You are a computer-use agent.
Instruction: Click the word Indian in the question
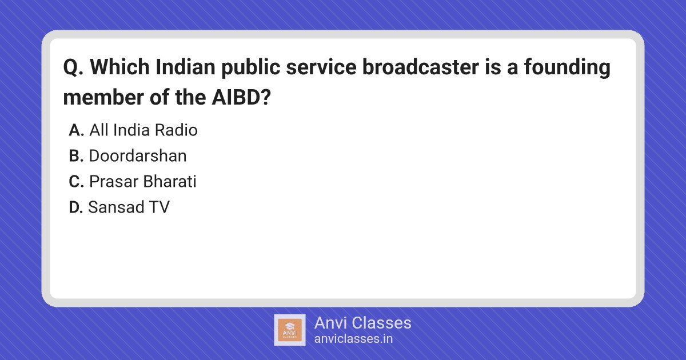[185, 67]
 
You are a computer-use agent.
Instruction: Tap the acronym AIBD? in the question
[241, 97]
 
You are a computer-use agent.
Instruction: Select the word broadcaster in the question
[421, 67]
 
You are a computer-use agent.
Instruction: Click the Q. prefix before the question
[73, 67]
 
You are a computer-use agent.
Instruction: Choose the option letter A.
[76, 130]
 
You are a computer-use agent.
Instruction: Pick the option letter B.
[76, 156]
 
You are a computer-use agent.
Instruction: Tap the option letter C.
[76, 182]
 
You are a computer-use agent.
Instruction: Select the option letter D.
[76, 207]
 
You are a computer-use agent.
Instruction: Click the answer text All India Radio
[143, 130]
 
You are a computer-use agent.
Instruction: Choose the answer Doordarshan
[138, 156]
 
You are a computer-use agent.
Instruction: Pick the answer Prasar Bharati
[143, 182]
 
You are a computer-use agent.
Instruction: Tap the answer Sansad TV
[129, 207]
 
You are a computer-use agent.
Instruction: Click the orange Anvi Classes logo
[289, 330]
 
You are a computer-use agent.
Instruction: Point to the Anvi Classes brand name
[362, 323]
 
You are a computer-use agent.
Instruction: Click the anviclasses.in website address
[353, 339]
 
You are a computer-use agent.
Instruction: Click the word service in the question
[321, 67]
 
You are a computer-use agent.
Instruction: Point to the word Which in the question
[119, 67]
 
